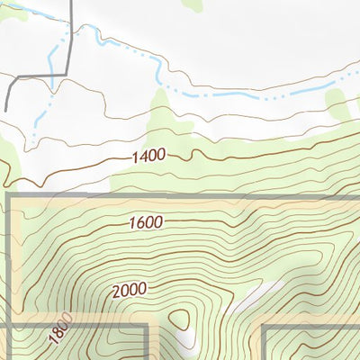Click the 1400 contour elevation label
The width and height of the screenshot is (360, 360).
[148, 156]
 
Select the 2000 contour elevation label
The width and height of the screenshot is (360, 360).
[130, 291]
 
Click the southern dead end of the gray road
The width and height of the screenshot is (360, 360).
[5, 110]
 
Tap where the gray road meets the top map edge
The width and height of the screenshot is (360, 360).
[71, 1]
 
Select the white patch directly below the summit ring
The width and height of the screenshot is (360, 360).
[187, 342]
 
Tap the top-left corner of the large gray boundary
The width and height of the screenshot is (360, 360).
[8, 195]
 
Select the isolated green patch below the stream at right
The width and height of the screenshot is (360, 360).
[337, 108]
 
